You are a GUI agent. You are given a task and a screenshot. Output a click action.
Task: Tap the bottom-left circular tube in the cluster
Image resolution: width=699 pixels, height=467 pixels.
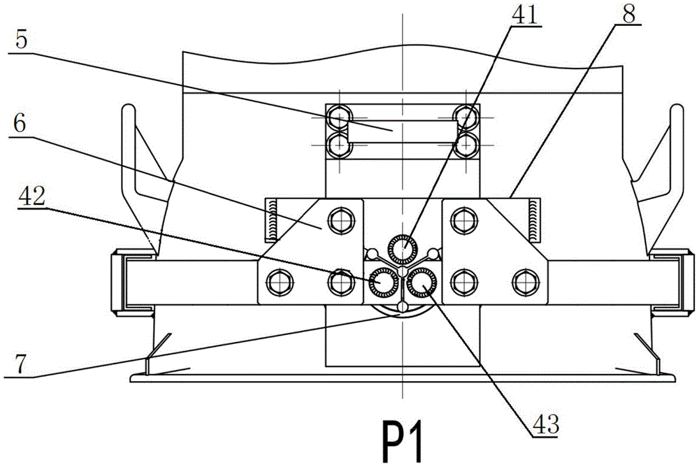point(384,282)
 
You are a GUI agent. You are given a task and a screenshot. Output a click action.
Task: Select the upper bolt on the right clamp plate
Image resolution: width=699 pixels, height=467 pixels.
point(462,221)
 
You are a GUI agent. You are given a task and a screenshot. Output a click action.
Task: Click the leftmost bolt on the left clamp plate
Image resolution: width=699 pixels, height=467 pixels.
point(278,282)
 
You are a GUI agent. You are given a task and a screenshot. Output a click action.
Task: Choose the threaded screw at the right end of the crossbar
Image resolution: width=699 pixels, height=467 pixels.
point(534,218)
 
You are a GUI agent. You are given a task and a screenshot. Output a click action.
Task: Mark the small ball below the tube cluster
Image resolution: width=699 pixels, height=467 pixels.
point(401,308)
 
